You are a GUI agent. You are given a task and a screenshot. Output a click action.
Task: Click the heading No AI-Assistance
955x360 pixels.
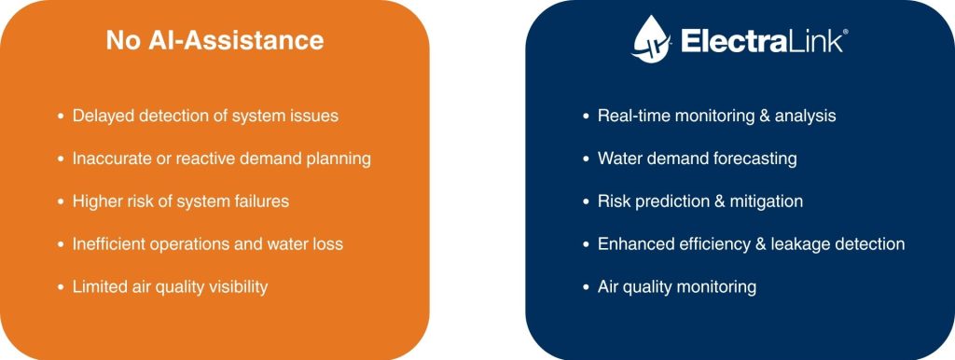coord(215,41)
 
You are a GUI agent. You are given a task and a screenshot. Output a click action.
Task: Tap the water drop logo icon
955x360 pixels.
coord(652,41)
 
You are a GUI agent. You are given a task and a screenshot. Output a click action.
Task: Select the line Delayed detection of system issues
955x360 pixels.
coord(205,116)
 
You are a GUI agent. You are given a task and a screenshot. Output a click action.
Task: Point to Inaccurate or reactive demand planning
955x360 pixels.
coord(221,159)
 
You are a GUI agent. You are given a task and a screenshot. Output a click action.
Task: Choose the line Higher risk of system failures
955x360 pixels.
coord(193,201)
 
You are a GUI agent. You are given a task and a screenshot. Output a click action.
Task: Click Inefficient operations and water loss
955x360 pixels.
coord(207,244)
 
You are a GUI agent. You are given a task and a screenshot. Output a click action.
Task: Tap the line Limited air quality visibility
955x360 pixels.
coord(170,287)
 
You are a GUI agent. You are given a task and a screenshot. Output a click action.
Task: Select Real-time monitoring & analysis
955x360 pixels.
coord(716,116)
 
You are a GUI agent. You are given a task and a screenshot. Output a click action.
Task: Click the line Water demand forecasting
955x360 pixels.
coord(697,159)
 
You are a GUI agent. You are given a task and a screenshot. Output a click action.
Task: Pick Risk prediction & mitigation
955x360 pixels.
coord(699,201)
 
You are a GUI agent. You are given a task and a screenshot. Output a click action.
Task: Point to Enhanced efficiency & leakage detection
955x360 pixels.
coord(751,244)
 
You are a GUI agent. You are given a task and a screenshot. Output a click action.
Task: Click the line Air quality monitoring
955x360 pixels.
coord(676,287)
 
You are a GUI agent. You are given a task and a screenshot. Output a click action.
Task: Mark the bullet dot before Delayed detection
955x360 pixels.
coord(61,117)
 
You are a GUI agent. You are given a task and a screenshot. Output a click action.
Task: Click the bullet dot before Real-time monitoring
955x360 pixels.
coord(586,117)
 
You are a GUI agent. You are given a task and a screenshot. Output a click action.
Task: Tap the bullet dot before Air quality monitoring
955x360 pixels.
coord(586,287)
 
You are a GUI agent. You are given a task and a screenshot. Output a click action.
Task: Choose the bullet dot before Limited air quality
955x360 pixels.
coord(61,287)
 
